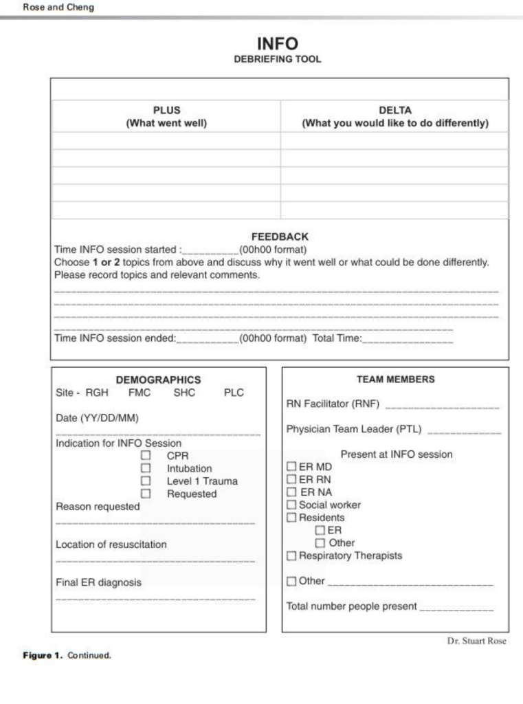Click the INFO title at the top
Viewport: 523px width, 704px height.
[x=277, y=44]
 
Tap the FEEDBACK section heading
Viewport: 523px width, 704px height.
[x=280, y=236]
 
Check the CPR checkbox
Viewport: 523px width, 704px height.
[x=146, y=456]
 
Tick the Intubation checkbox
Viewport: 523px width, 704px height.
[x=146, y=468]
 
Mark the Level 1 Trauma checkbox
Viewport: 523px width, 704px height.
[x=146, y=481]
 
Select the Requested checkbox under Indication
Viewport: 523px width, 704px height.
[x=146, y=494]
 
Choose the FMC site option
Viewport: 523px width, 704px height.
[x=140, y=393]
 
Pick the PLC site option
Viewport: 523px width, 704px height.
[x=234, y=393]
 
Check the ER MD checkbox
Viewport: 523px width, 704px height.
[x=291, y=467]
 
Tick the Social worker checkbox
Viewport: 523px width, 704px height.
[x=291, y=505]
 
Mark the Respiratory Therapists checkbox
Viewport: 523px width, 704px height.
[x=291, y=555]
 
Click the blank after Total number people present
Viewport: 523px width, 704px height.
[x=456, y=608]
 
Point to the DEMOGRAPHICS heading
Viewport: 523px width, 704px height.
[x=158, y=379]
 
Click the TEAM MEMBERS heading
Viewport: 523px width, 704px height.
[x=395, y=379]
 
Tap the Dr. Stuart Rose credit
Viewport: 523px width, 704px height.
[x=476, y=641]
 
